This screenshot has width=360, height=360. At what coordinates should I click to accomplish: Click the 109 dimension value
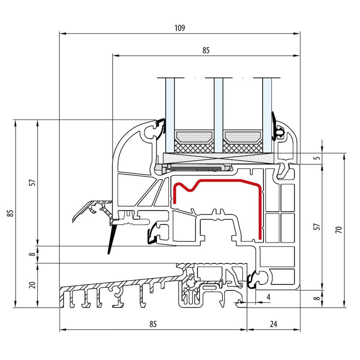pyautogui.click(x=179, y=28)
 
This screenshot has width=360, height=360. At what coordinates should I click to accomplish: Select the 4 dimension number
pyautogui.click(x=268, y=297)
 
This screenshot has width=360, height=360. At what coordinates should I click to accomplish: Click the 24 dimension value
pyautogui.click(x=273, y=324)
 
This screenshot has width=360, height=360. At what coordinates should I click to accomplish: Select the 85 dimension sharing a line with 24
pyautogui.click(x=153, y=324)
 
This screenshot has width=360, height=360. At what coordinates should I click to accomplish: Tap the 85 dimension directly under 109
pyautogui.click(x=206, y=51)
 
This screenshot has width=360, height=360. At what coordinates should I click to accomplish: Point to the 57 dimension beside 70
pyautogui.click(x=317, y=227)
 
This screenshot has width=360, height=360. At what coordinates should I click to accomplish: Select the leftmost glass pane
pyautogui.click(x=170, y=113)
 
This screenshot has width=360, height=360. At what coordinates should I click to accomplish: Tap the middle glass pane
pyautogui.click(x=218, y=113)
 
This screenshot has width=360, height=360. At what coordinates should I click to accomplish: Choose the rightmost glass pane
pyautogui.click(x=267, y=113)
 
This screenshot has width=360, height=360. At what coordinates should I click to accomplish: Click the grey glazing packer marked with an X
pyautogui.click(x=218, y=158)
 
